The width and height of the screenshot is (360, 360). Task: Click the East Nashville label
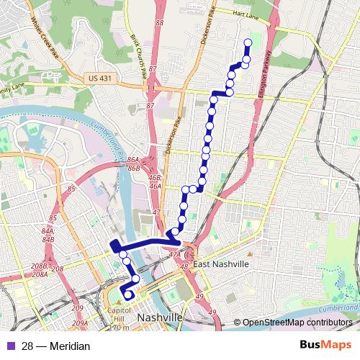pos(220,264)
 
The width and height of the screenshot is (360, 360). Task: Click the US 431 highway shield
pos(97,77)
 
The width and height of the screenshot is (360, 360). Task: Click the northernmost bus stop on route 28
pos(248,42)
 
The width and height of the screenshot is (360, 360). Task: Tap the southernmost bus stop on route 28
pos(128,294)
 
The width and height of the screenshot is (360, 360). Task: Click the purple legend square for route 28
pos(9,346)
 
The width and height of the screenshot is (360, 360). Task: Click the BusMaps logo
pos(326,346)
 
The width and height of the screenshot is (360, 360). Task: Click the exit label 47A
pos(175,254)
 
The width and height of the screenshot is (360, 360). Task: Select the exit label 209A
pos(80,322)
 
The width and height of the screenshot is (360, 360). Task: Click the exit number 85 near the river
pos(71,189)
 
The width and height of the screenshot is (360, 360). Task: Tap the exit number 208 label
pos(58,269)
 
